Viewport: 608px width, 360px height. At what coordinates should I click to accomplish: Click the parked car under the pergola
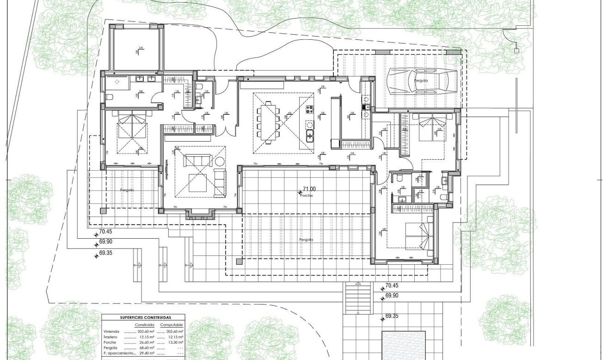421,81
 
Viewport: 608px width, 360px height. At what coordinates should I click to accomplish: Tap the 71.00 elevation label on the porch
309,189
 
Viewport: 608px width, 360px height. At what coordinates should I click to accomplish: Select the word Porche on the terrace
306,196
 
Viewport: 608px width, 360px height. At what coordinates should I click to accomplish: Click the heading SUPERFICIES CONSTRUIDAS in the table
143,318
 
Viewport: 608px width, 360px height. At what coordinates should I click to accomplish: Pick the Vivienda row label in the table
111,331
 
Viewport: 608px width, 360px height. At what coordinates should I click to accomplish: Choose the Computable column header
171,325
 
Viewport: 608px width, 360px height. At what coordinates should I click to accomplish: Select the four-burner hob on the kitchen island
309,110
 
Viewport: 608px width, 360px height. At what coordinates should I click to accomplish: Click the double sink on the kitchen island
309,135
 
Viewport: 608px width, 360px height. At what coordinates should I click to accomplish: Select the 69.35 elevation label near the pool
392,317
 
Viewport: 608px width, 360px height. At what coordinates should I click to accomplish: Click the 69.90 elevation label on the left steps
106,242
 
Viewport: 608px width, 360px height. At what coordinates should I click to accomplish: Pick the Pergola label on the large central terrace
306,240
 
